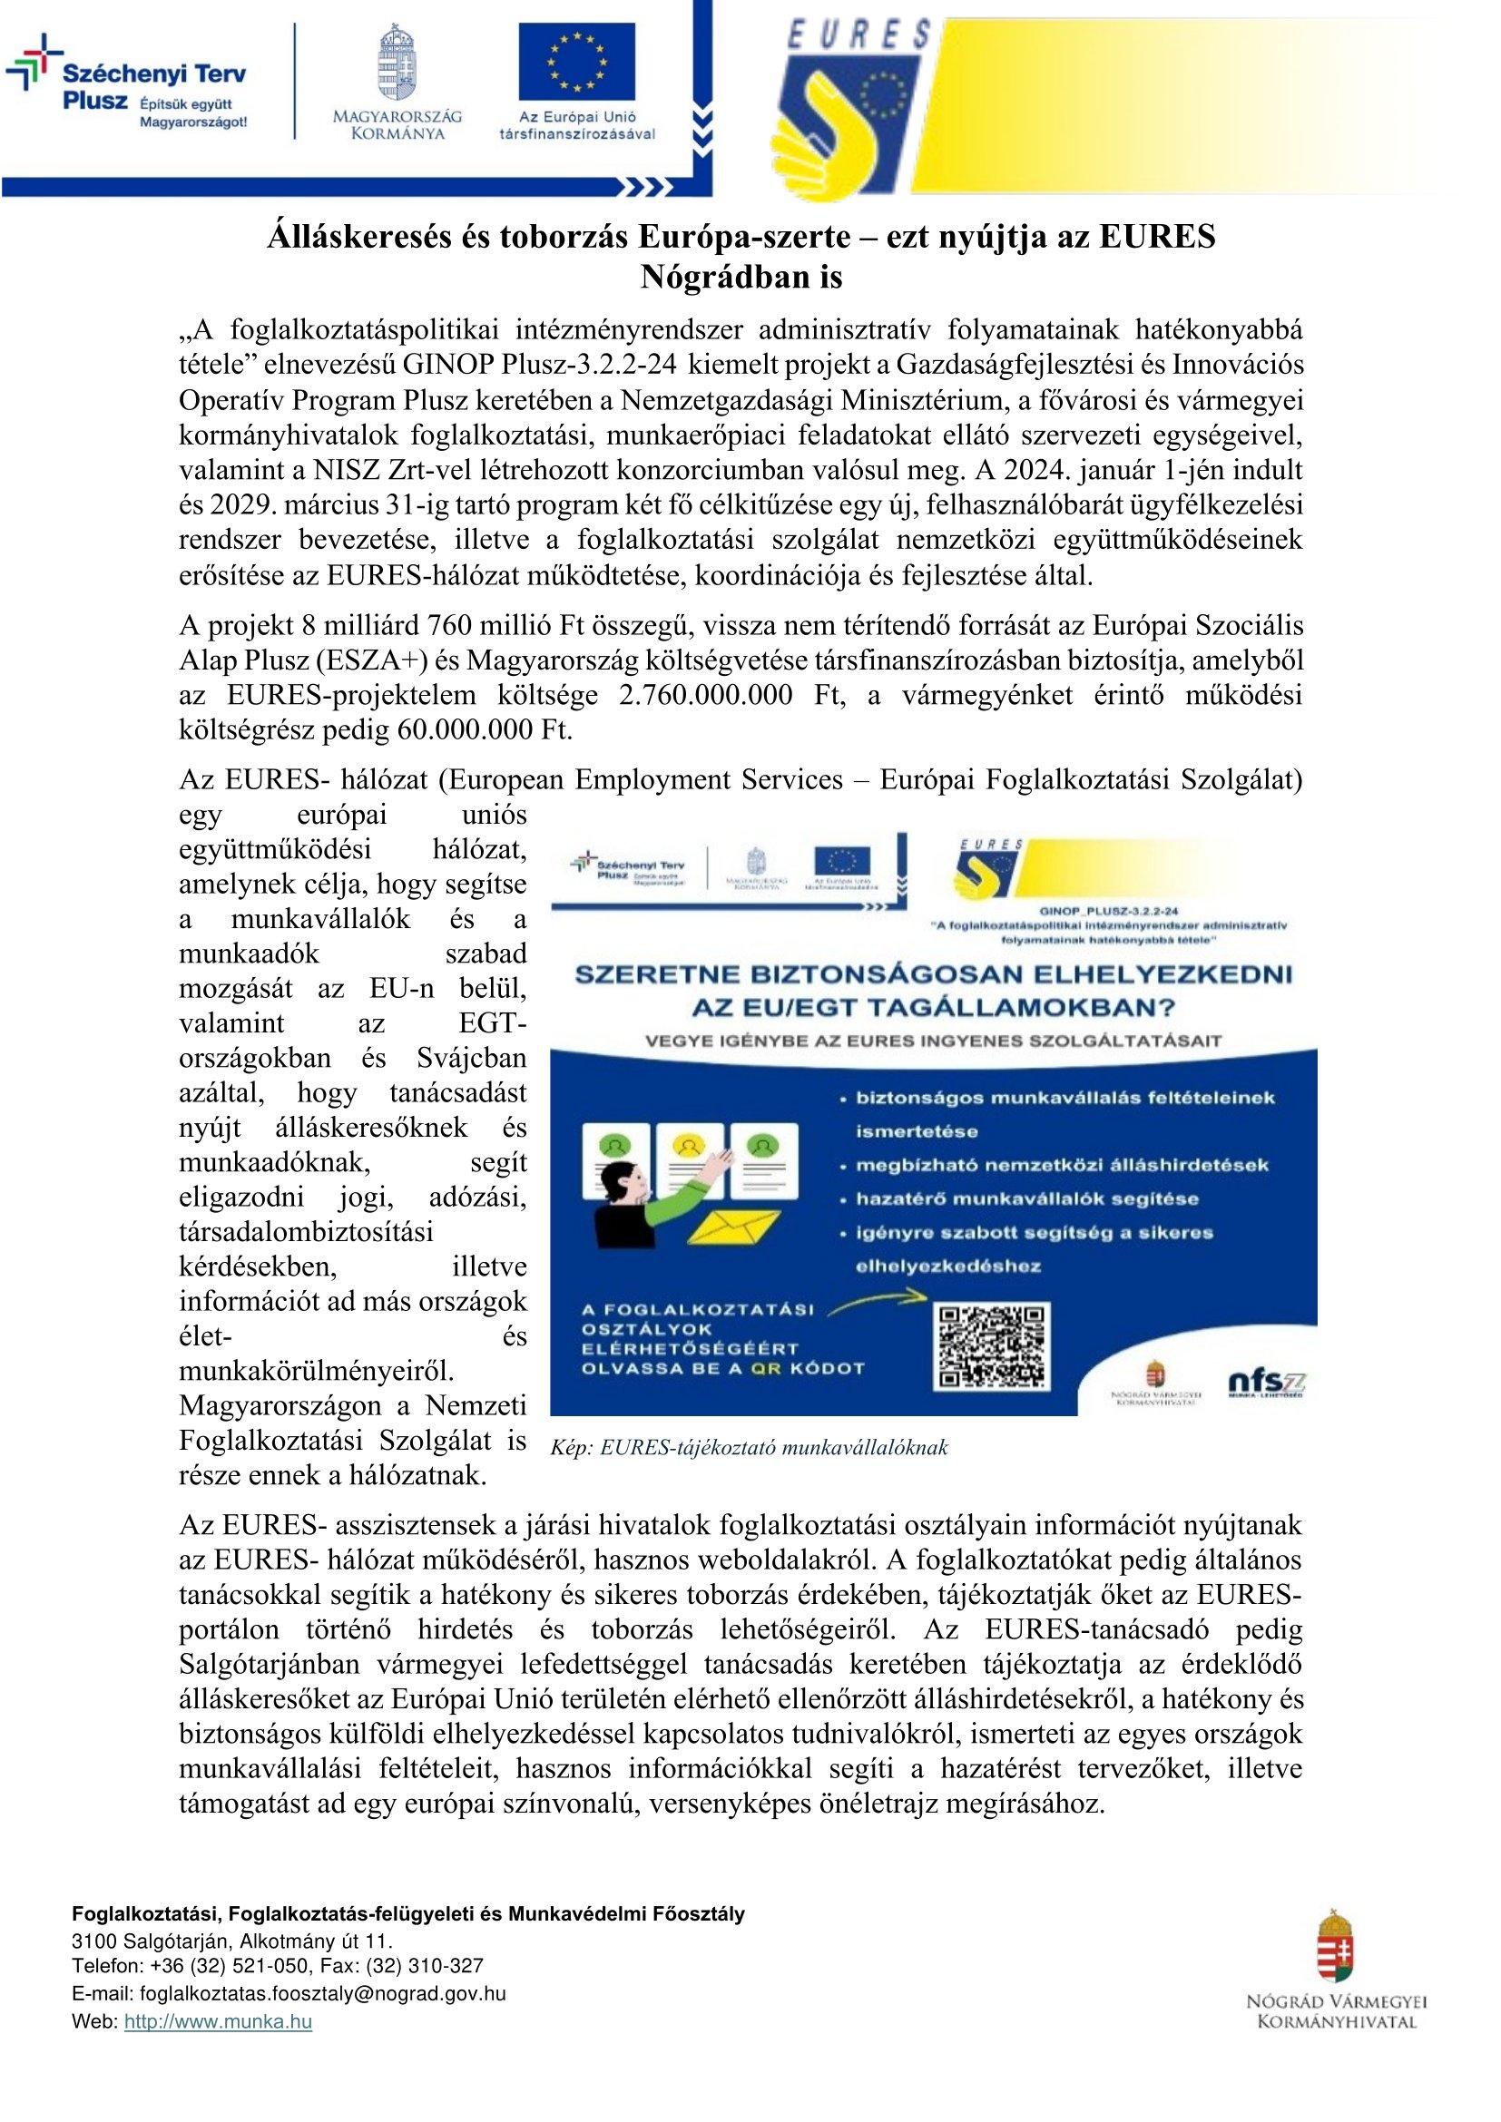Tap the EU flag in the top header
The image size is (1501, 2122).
pyautogui.click(x=576, y=61)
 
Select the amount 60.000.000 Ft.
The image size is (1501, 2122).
pyautogui.click(x=485, y=730)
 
